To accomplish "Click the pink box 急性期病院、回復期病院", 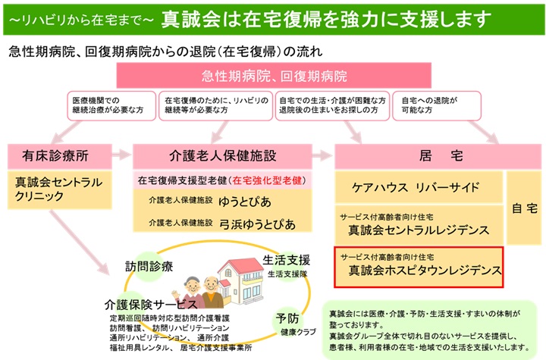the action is pos(274,75).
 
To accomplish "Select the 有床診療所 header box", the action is pos(60,156).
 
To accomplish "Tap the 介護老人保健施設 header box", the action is pos(222,156).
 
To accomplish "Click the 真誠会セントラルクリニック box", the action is pos(60,189).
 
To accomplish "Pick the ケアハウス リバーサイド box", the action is pos(419,187).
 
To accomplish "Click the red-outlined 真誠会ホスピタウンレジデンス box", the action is pos(419,267).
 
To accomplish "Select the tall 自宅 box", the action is pos(524,208).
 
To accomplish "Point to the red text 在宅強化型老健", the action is pos(267,180).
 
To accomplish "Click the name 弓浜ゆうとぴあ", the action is pos(257,224).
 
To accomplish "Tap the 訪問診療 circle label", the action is pos(149,266).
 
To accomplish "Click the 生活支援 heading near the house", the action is pos(286,260).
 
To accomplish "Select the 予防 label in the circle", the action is pos(287,318).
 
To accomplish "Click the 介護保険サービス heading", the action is pos(151,305).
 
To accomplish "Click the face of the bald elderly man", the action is pos(211,285).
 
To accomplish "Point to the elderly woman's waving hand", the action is pos(176,295).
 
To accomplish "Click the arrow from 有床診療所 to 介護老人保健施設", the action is pos(121,155).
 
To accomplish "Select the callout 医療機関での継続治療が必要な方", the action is pos(111,106).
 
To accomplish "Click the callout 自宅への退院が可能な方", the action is pos(437,106).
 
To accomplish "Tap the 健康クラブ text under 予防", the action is pos(299,332).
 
